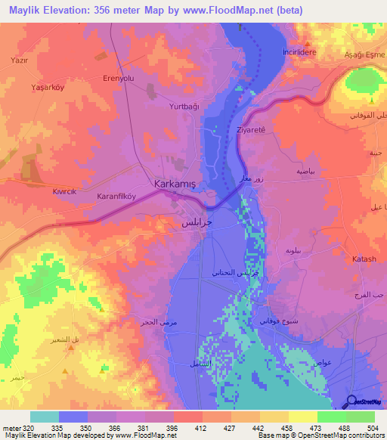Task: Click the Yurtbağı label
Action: (184, 107)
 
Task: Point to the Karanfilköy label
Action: (116, 195)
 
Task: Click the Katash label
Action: (364, 259)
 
